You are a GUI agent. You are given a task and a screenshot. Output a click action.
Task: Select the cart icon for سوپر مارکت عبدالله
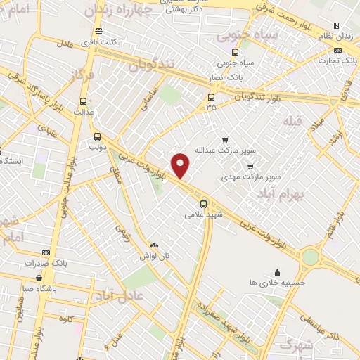[225, 139]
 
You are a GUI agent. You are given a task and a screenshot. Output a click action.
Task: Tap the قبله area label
[291, 121]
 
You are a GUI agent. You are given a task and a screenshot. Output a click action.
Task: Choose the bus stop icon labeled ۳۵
[211, 98]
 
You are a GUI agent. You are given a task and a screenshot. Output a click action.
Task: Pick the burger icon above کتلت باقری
[97, 32]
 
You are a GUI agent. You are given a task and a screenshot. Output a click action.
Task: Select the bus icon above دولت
[96, 137]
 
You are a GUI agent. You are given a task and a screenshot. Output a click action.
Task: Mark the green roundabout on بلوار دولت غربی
[309, 257]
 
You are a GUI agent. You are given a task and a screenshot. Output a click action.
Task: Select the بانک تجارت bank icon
[338, 50]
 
